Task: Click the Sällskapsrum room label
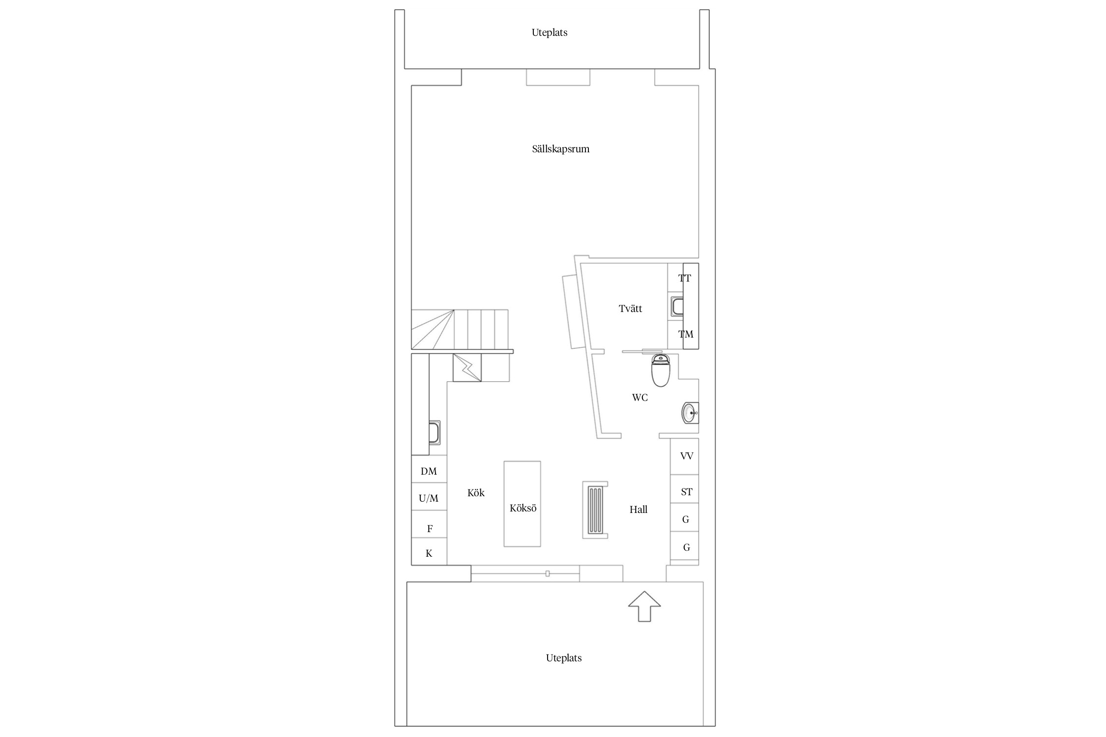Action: (x=560, y=149)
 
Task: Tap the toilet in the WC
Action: (x=661, y=369)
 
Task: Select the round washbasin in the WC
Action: (x=690, y=413)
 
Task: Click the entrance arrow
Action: (x=644, y=606)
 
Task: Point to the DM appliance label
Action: (x=429, y=471)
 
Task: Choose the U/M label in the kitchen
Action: (x=429, y=498)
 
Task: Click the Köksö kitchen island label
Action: (x=523, y=508)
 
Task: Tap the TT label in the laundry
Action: (x=685, y=278)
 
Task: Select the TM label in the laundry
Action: (x=686, y=334)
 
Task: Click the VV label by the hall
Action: (x=687, y=456)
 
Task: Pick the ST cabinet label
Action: (x=687, y=492)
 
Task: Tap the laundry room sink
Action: (x=677, y=306)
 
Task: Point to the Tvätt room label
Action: (x=630, y=309)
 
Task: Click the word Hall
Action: (x=639, y=510)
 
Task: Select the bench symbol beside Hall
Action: (x=595, y=510)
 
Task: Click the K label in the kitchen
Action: (x=429, y=553)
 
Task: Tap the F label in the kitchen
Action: (x=430, y=529)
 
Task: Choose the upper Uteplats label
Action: (x=550, y=32)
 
